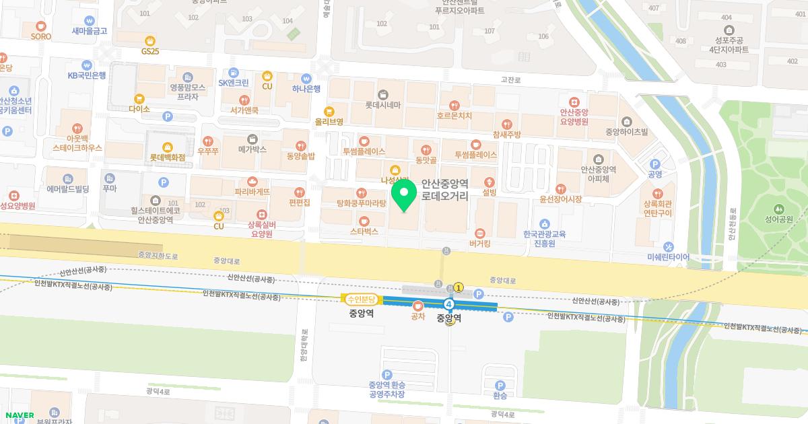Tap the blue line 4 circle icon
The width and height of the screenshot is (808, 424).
click(449, 305)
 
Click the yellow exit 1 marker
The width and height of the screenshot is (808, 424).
click(459, 287)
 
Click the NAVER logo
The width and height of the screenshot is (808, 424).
click(19, 415)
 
